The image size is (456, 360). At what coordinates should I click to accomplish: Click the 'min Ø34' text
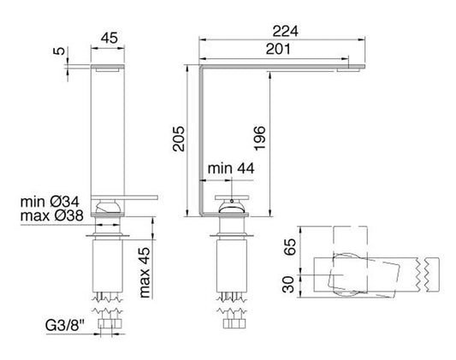click(53, 204)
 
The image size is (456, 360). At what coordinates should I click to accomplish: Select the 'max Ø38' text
click(53, 217)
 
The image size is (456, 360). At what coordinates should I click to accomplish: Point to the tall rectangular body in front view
click(109, 128)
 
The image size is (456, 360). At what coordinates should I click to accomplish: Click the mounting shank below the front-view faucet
click(109, 265)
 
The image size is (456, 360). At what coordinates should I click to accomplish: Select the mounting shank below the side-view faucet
click(229, 265)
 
